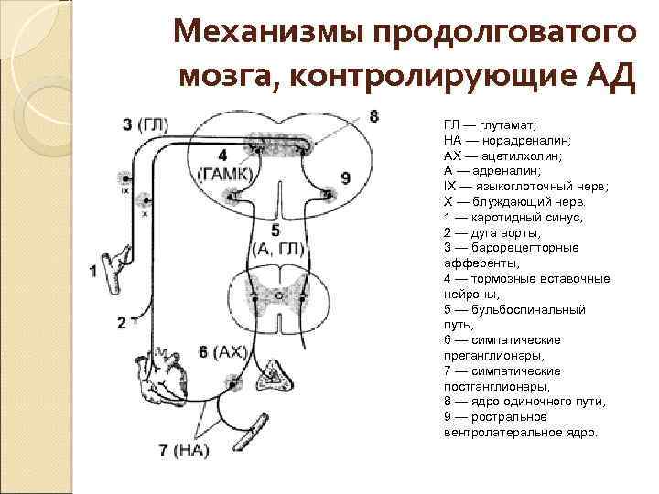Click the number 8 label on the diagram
tap(373, 117)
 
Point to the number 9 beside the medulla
tap(345, 177)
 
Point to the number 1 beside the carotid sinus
tap(94, 270)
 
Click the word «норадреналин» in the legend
tap(523, 139)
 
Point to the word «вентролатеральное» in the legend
tap(495, 433)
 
